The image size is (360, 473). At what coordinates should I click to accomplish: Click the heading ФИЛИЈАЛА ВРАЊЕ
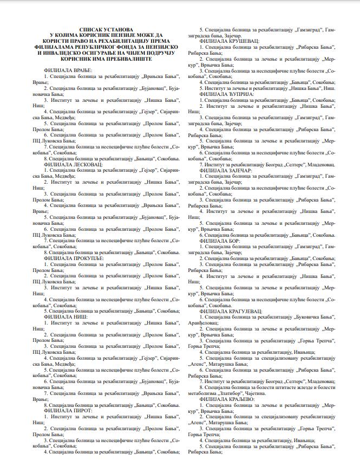(x=68, y=70)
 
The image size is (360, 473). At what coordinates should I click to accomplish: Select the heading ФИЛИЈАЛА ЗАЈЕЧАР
(x=226, y=170)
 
